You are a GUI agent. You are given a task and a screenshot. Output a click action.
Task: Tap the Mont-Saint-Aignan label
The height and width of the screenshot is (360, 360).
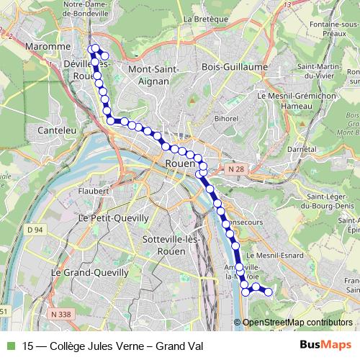pyautogui.click(x=148, y=75)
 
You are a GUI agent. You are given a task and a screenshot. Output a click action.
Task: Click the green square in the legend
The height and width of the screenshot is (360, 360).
pyautogui.click(x=10, y=345)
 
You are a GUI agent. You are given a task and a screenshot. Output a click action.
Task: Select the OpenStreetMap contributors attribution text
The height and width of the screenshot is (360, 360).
pyautogui.click(x=297, y=323)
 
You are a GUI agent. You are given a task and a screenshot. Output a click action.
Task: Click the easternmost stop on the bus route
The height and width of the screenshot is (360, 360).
pyautogui.click(x=269, y=292)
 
